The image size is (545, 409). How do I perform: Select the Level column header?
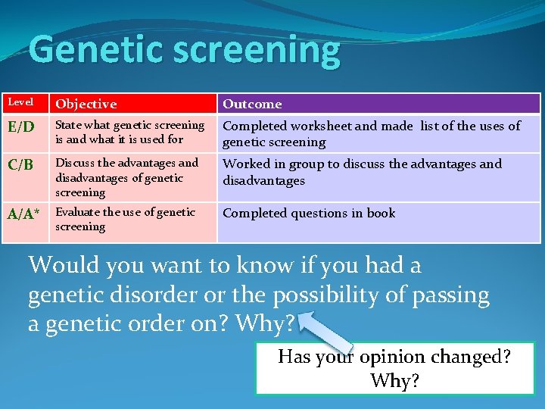tap(21, 102)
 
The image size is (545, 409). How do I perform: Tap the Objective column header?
tap(86, 104)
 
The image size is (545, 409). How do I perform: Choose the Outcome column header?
tap(252, 104)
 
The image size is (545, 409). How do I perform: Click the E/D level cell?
tap(22, 128)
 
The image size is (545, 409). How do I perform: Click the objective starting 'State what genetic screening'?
tap(129, 132)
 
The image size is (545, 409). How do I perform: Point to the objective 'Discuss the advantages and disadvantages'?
tap(126, 177)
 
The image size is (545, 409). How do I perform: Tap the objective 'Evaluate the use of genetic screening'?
tap(125, 219)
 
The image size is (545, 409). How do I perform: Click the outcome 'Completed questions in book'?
tap(309, 214)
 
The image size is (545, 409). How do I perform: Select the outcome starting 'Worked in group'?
tap(362, 172)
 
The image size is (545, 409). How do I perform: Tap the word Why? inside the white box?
tap(394, 380)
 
